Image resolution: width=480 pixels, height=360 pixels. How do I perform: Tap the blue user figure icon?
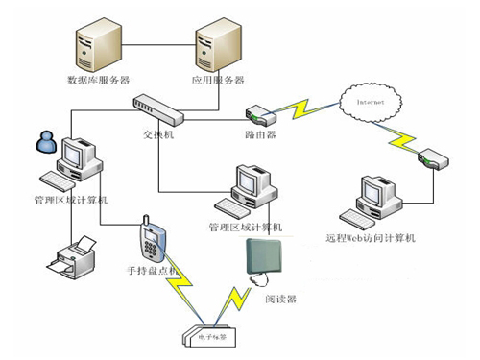[44, 143]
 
